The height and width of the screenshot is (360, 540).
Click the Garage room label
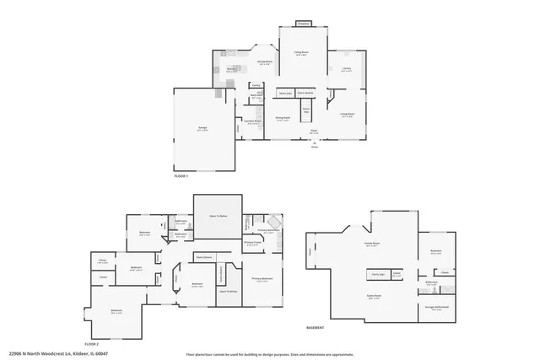coord(202,128)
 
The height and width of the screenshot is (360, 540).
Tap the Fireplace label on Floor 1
coord(303,23)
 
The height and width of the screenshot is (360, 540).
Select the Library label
coord(346,70)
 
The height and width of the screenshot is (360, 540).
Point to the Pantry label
coord(255,85)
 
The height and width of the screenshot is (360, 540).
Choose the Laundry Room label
coord(252,121)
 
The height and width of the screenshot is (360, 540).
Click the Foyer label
coord(313,132)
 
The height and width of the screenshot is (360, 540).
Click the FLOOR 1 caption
coord(181,175)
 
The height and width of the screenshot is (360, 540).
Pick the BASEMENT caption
coord(316,328)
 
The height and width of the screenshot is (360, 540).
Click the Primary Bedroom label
coord(262,278)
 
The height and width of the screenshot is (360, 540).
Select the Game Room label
coord(374,297)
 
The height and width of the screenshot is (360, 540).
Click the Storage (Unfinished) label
coord(435,308)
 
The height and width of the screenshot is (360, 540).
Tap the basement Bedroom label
coord(435,251)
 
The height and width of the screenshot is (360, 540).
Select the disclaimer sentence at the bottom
coord(269,354)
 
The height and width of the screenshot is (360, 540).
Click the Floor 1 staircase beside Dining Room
coord(306,110)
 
